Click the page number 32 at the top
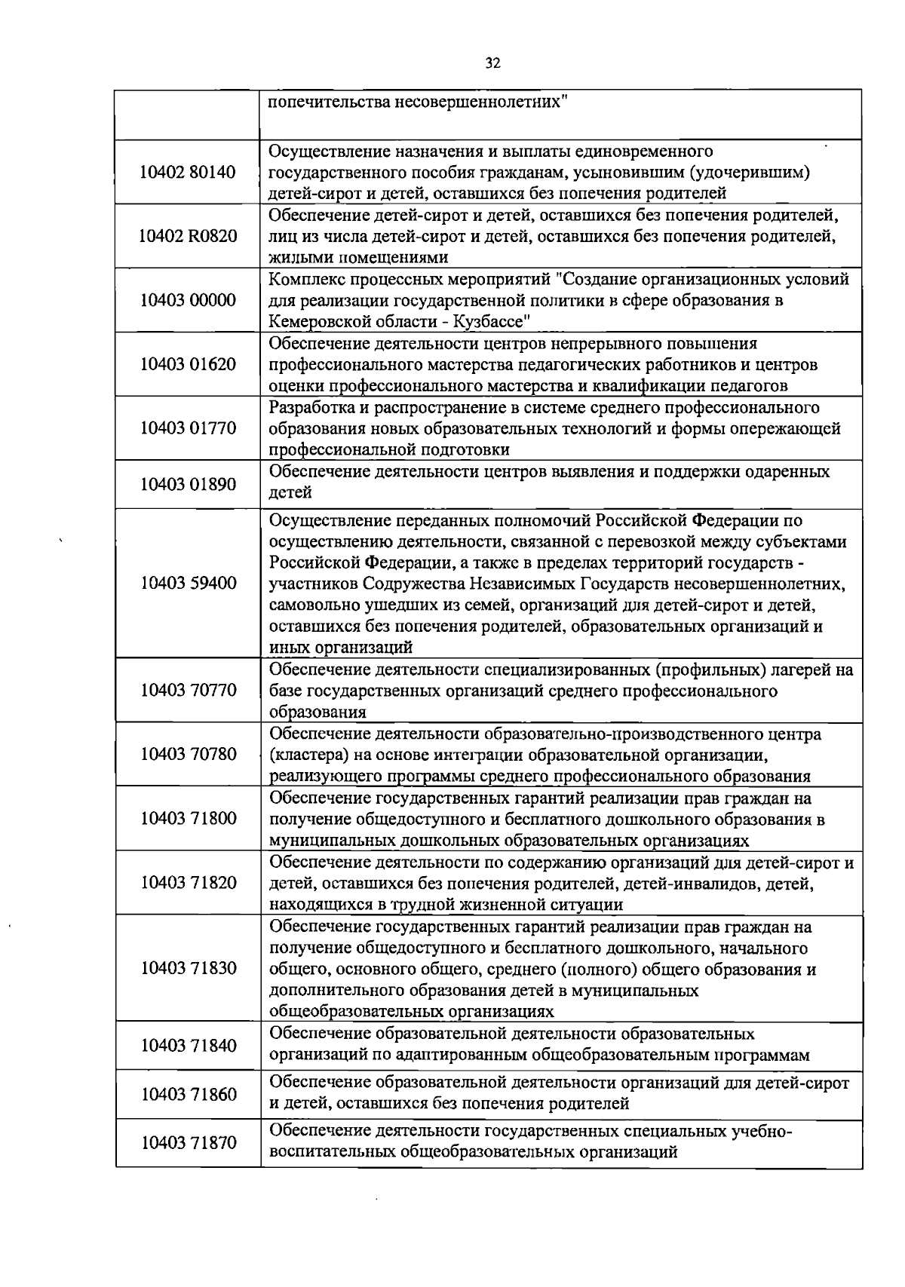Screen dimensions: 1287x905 tap(493, 63)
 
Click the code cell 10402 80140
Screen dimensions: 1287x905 tap(188, 172)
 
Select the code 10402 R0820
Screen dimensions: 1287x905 tap(188, 236)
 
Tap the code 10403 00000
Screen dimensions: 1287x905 tap(188, 300)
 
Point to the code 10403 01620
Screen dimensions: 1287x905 tap(188, 364)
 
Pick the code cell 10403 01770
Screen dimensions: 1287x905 tap(188, 428)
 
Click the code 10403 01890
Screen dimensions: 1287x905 tap(188, 483)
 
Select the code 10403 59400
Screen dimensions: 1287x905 tap(188, 583)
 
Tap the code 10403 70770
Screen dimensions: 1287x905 tap(188, 690)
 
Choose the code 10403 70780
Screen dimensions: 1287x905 tap(188, 754)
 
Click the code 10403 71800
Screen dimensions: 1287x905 tap(188, 818)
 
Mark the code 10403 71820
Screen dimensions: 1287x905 tap(188, 882)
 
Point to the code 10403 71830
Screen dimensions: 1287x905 tap(188, 968)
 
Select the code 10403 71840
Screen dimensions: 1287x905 tap(188, 1045)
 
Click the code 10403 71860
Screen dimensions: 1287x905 tap(188, 1094)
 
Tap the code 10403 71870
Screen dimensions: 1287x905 tap(188, 1143)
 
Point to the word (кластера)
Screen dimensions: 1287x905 tap(304, 755)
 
